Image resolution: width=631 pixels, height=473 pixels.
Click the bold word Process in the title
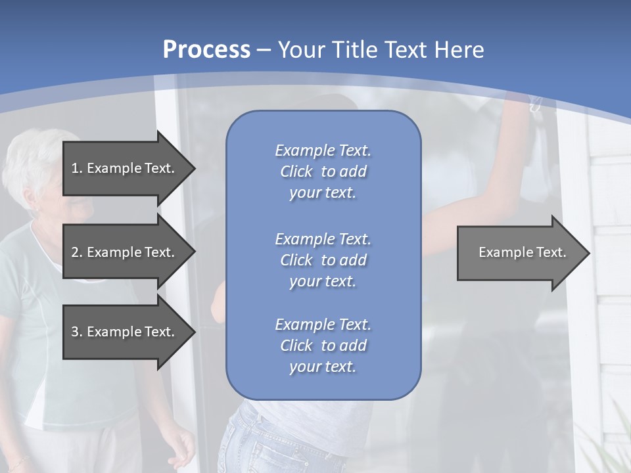coord(206,50)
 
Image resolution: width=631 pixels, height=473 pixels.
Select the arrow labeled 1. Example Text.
coord(125,168)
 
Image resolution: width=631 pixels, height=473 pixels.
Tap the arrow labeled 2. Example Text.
coord(125,252)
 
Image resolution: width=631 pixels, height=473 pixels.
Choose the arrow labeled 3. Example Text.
coord(125,332)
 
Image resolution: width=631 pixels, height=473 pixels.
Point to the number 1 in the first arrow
coord(75,168)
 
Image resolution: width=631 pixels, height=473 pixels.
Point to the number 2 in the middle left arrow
coord(75,252)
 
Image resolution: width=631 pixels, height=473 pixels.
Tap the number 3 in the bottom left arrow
coord(75,332)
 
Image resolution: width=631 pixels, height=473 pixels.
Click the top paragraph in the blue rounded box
coord(323,171)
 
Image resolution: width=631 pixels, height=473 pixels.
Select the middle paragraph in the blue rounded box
coord(323,260)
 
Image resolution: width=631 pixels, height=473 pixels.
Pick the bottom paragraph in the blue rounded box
coord(323,346)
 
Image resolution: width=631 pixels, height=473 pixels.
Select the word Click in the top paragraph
coord(296,171)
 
